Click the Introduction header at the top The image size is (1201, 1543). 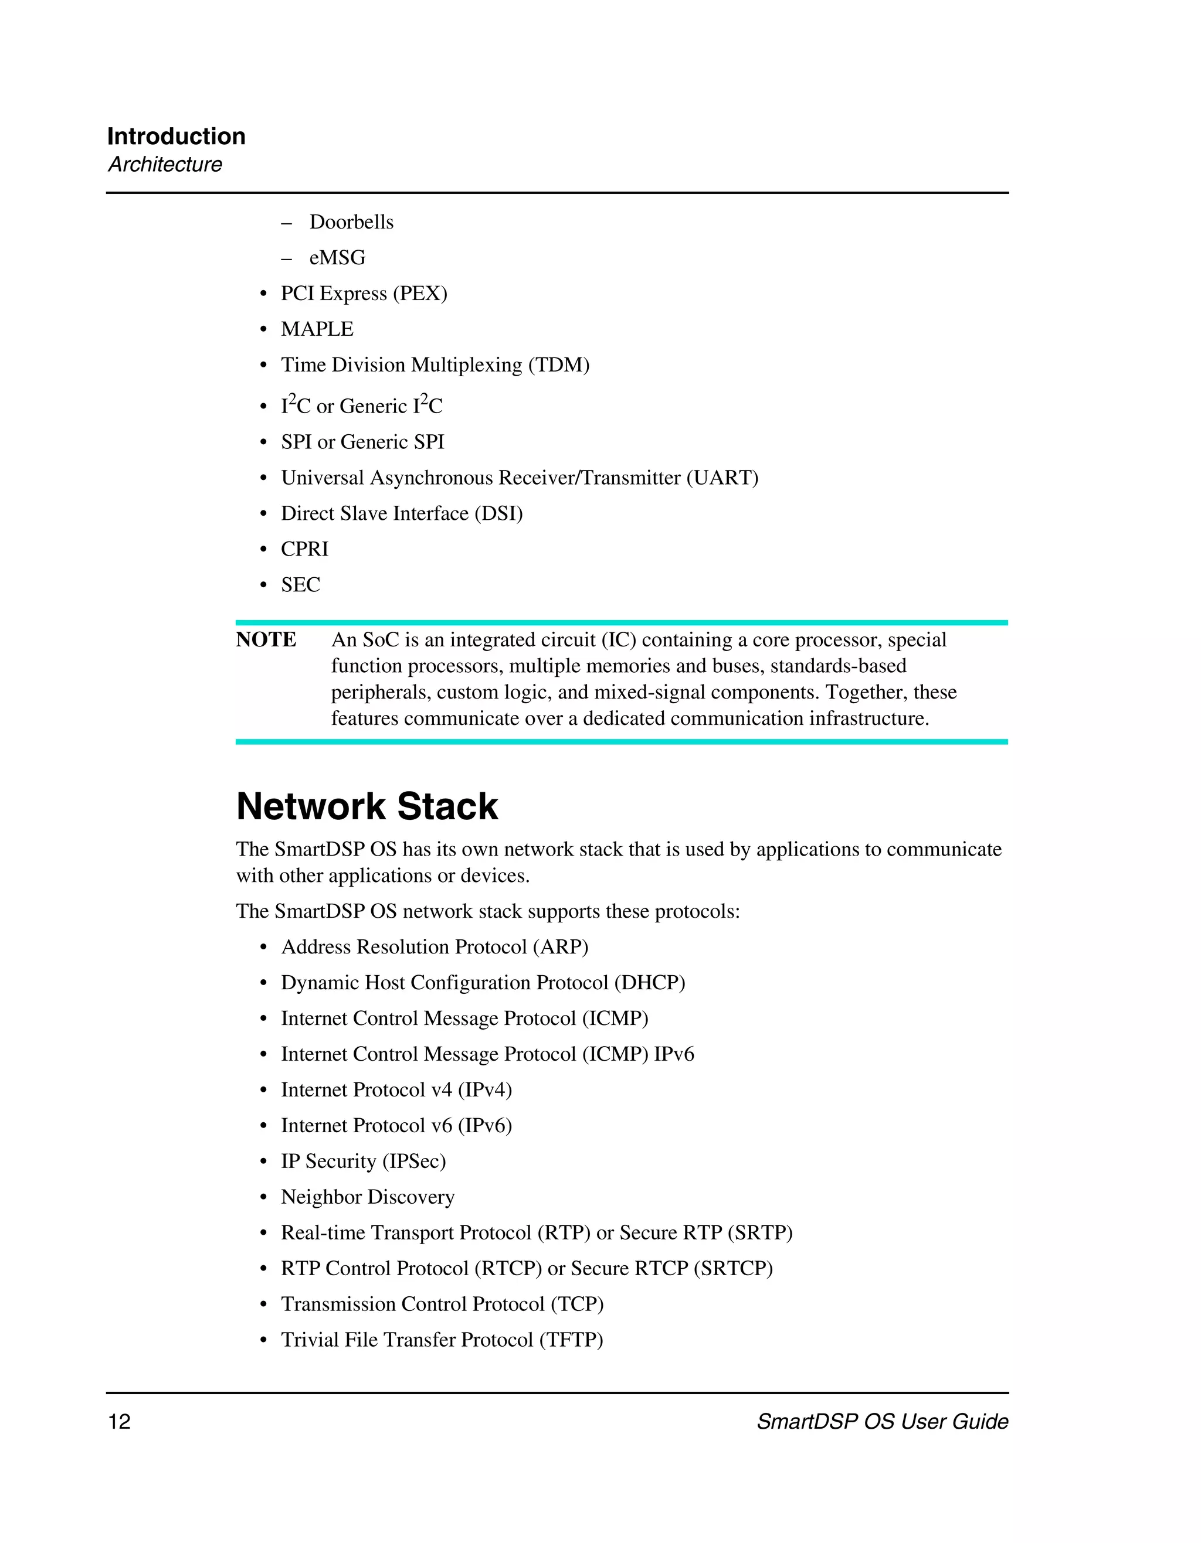pos(176,137)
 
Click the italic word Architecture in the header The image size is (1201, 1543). pos(165,164)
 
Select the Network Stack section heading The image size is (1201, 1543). pos(367,806)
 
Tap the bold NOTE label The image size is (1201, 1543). pos(266,639)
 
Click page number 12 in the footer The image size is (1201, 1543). pos(119,1422)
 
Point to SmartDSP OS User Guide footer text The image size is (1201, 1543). pos(882,1422)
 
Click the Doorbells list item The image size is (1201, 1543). pos(351,222)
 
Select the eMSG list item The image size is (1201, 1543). pos(337,258)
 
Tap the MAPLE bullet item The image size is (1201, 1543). pos(317,329)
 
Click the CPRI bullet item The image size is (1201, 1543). pos(305,549)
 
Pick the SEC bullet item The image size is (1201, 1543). pos(300,585)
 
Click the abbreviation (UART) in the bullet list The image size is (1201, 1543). pos(722,478)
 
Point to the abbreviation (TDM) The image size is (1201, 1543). pos(558,365)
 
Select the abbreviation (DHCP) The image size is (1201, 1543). pos(650,983)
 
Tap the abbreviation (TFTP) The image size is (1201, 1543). pos(571,1340)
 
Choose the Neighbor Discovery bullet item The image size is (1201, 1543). pos(368,1197)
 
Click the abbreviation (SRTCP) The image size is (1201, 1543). pos(733,1268)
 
